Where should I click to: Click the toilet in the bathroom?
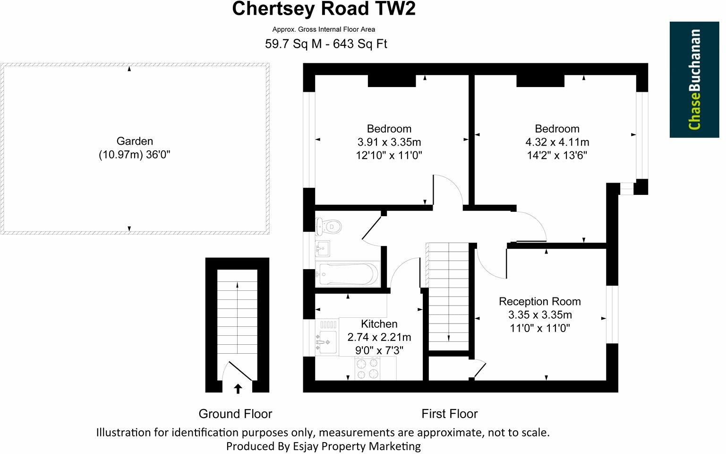pos(325,227)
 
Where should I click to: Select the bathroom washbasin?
pos(323,248)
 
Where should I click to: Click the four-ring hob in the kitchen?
pos(367,368)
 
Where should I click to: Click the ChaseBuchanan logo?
pos(694,79)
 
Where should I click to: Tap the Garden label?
pos(135,141)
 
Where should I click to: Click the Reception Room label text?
pos(539,302)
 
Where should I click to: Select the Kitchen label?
pos(379,324)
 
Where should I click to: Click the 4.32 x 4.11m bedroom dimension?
pos(557,142)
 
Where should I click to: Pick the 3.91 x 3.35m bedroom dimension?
pos(389,142)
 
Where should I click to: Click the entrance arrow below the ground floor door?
pos(238,389)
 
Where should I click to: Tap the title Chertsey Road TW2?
pos(324,9)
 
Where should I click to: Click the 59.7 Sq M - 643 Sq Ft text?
pos(326,44)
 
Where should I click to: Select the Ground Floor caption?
pos(235,414)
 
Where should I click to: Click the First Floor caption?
pos(449,414)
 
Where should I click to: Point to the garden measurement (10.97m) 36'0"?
pos(134,155)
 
